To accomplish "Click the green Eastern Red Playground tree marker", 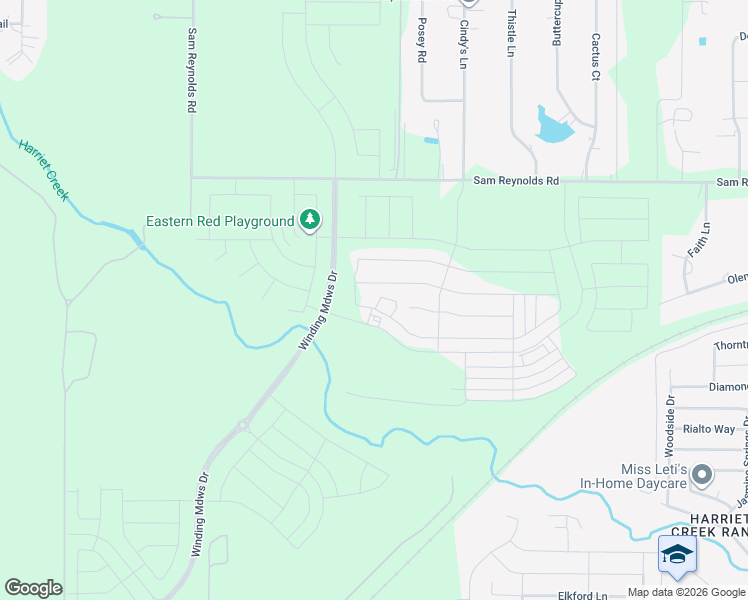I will click(x=310, y=220).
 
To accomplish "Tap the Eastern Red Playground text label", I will click(x=220, y=221).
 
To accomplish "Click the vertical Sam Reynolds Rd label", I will click(x=191, y=69).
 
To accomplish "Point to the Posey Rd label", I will click(x=422, y=41).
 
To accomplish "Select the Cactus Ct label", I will click(x=595, y=57).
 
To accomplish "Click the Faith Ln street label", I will click(x=705, y=240).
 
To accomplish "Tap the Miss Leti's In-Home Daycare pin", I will click(x=703, y=473).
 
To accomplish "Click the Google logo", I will click(x=33, y=588).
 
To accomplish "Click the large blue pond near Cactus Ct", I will click(x=552, y=126).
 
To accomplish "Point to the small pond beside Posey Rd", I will click(x=431, y=140).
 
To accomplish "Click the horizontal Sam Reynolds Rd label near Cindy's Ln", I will click(x=516, y=182).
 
